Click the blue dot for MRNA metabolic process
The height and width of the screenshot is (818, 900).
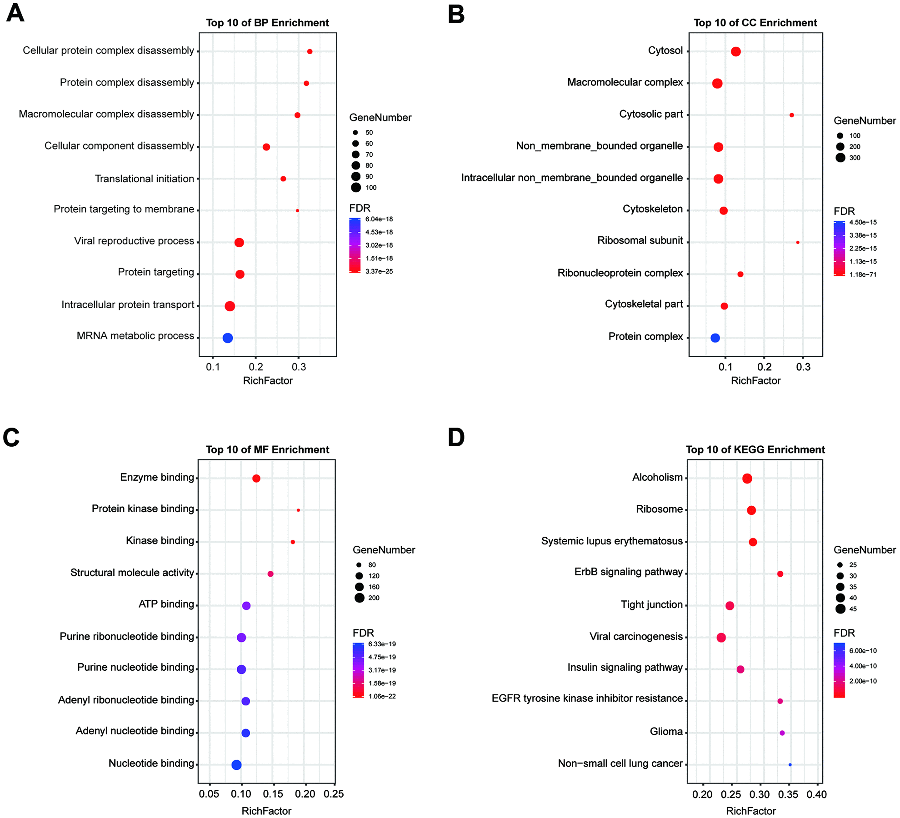[228, 338]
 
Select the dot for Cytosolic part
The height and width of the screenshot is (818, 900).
[792, 115]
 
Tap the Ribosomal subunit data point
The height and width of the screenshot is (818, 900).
[798, 242]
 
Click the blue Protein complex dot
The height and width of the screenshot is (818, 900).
[715, 338]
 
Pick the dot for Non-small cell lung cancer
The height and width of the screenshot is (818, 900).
[790, 765]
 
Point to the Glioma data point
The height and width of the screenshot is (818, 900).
[782, 733]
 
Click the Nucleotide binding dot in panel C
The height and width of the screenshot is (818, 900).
[236, 765]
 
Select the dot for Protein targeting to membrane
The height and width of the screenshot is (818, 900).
[297, 210]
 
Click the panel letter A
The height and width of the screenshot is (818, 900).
[15, 13]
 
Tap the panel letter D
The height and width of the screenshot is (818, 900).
[456, 438]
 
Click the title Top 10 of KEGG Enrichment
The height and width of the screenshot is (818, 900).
[755, 449]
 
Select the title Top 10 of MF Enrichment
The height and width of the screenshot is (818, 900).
[267, 449]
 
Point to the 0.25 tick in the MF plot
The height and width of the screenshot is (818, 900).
[334, 794]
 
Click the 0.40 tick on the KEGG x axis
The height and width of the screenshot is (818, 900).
[817, 794]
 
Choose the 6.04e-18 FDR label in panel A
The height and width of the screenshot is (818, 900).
[379, 219]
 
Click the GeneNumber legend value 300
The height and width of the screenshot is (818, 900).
[855, 158]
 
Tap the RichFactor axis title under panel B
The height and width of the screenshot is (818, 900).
[755, 381]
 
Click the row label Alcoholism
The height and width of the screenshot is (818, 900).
[657, 477]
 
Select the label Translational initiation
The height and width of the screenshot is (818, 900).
[145, 179]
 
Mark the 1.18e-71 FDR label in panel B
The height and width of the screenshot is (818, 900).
[863, 274]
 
